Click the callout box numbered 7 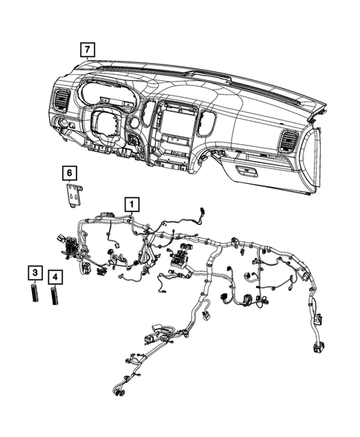88,50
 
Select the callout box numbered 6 69,174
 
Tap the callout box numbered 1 131,203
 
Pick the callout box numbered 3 34,273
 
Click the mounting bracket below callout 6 73,197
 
